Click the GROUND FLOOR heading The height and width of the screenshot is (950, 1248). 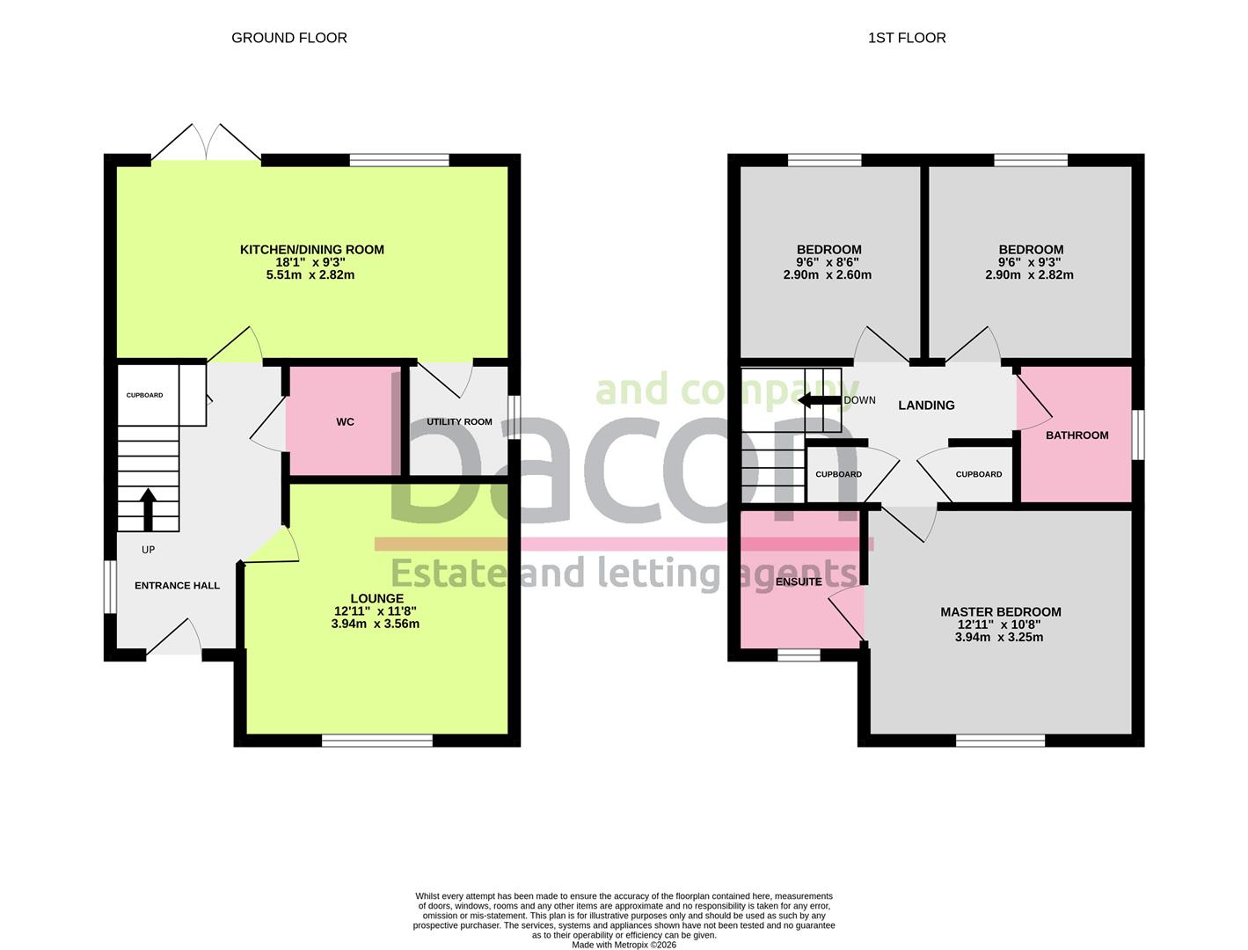[x=288, y=38]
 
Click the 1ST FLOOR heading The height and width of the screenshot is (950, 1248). [x=906, y=38]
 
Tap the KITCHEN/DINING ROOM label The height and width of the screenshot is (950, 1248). [x=311, y=250]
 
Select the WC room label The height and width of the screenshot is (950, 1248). [x=345, y=422]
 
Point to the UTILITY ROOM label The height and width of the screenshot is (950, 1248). [x=459, y=422]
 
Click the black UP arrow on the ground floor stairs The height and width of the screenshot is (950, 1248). [x=148, y=508]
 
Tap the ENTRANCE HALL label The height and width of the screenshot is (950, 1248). [x=177, y=586]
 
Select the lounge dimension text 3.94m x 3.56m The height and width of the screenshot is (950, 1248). [x=375, y=625]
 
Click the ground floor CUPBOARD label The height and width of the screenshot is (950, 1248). [x=144, y=396]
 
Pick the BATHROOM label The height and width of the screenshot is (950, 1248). [x=1076, y=435]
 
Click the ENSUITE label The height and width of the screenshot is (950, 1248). [x=799, y=581]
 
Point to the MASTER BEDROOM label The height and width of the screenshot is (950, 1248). [x=1000, y=612]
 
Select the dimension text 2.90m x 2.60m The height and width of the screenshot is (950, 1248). [x=827, y=274]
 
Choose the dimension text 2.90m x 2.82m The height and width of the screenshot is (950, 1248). [x=1029, y=274]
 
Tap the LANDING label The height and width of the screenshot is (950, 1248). [x=926, y=406]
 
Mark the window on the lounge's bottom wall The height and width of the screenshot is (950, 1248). [x=376, y=741]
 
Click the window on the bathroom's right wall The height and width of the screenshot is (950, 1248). [x=1138, y=435]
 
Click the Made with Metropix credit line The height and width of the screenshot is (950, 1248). [x=624, y=945]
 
